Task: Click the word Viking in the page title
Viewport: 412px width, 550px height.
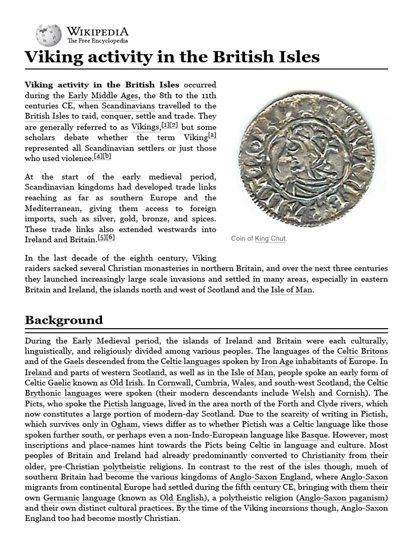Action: pyautogui.click(x=50, y=57)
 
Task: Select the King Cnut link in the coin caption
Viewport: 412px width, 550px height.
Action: pyautogui.click(x=271, y=238)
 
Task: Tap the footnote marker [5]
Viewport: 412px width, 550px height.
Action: pyautogui.click(x=101, y=237)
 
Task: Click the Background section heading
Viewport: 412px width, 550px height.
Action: pyautogui.click(x=64, y=320)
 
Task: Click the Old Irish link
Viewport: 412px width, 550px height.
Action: pyautogui.click(x=127, y=383)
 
